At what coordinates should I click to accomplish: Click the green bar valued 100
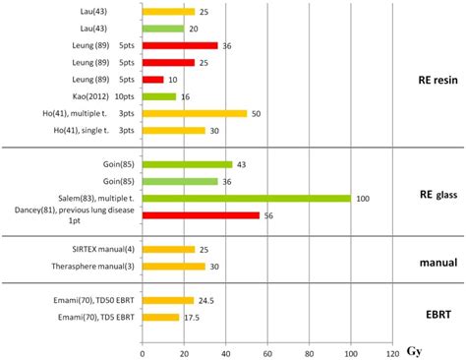(246, 199)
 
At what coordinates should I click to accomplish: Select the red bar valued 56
(201, 215)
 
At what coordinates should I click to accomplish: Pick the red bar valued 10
(152, 79)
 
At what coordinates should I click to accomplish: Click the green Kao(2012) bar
(159, 96)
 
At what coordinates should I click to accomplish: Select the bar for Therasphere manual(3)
(173, 266)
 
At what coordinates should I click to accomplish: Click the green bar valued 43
(187, 164)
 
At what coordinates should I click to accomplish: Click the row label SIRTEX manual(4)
(94, 249)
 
